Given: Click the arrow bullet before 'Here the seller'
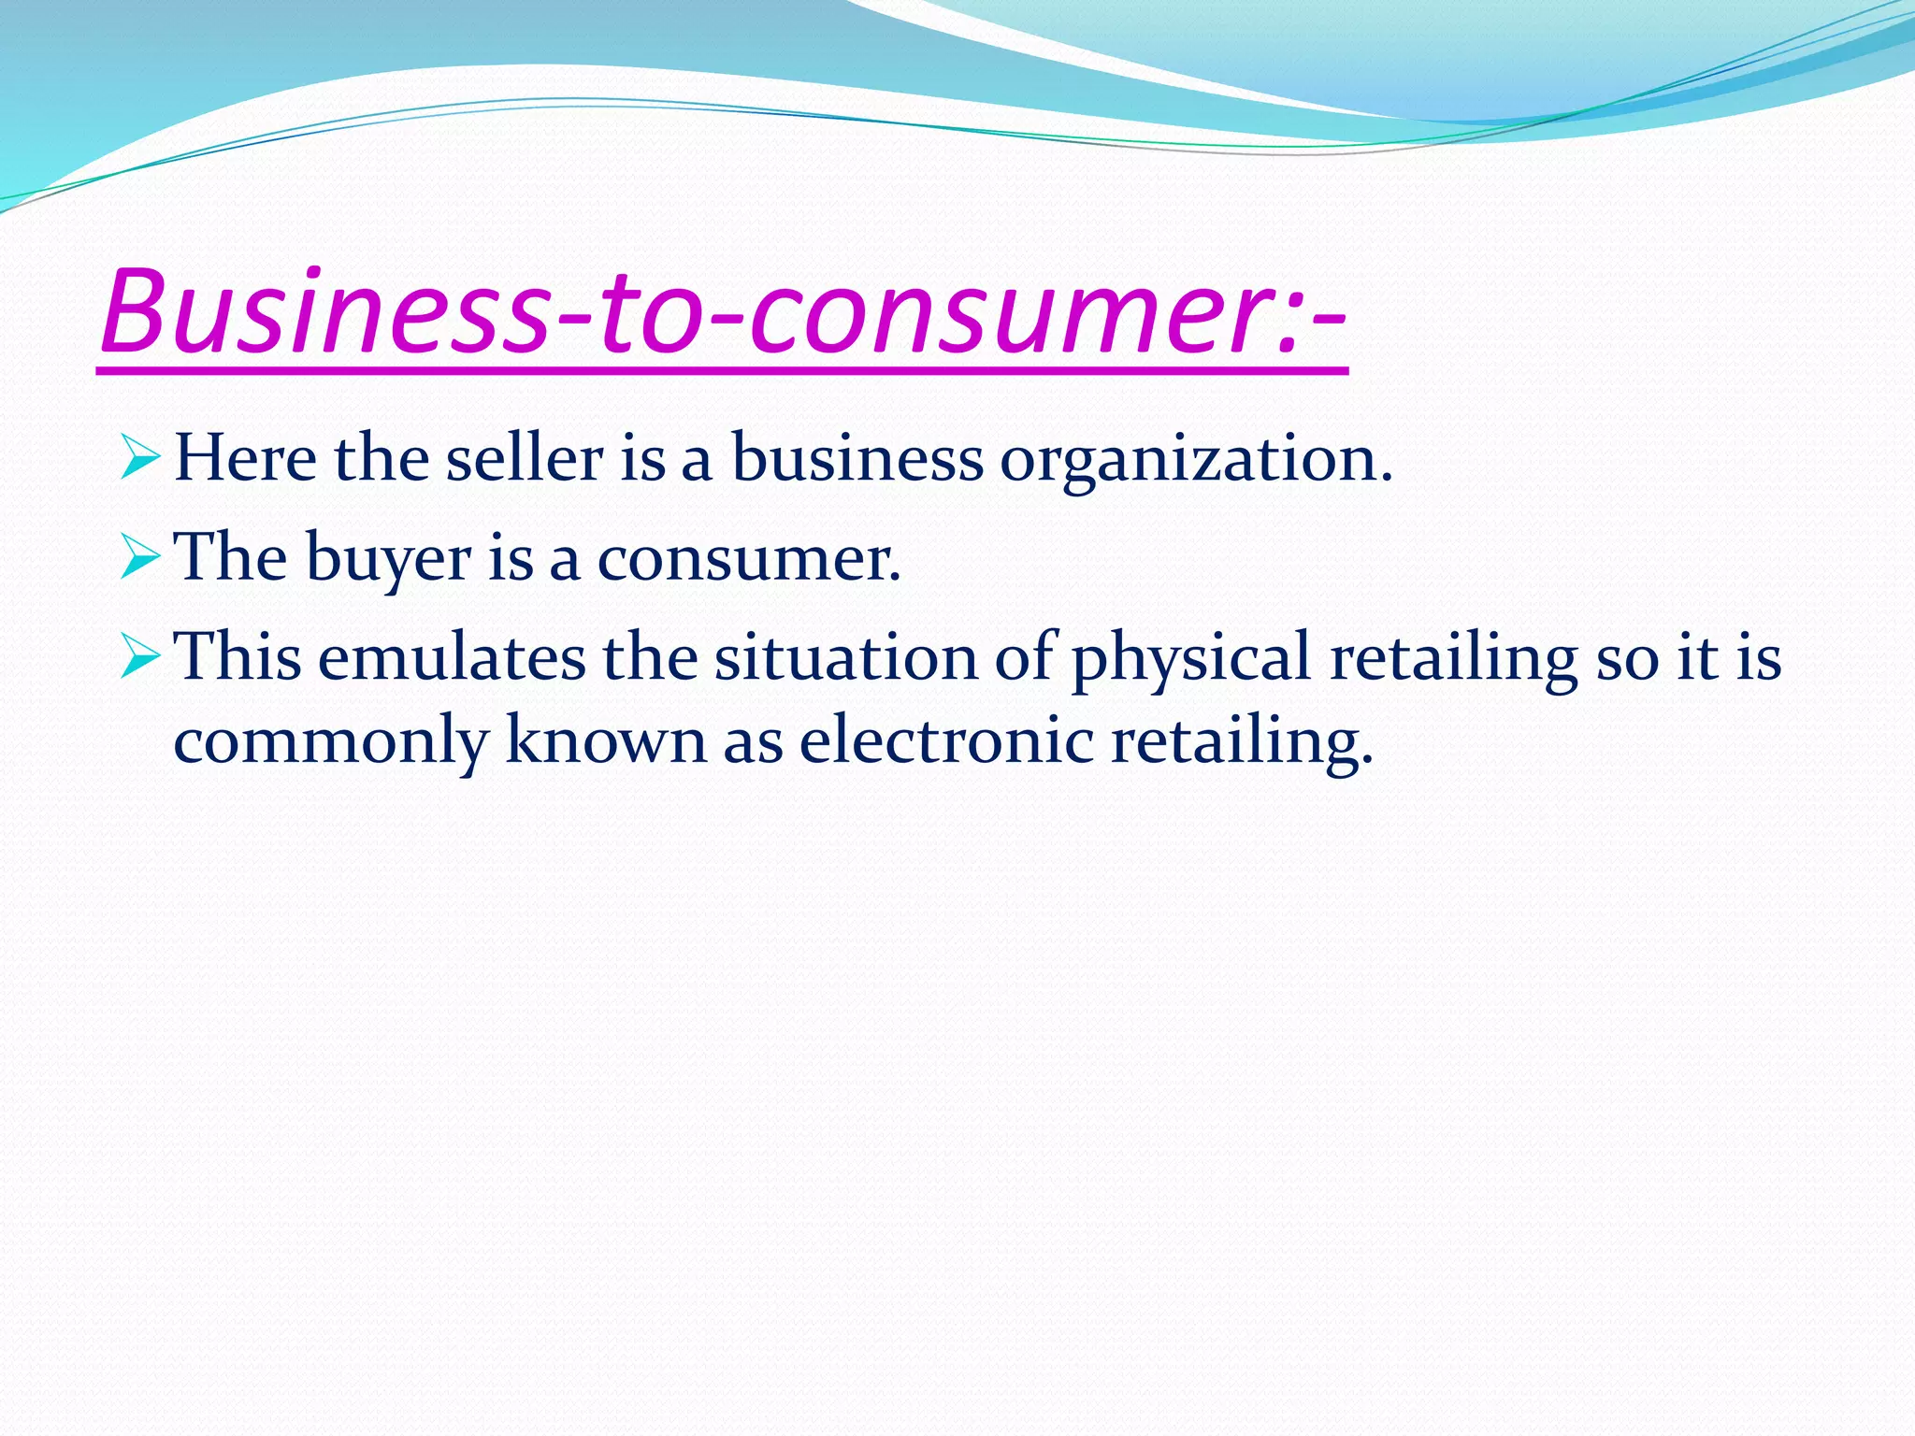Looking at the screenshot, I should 140,459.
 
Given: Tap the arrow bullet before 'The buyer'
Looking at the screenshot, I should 140,558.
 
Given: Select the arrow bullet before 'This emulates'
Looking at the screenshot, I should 140,658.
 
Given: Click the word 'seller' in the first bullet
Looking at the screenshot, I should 524,459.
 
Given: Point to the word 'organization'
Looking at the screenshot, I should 1195,461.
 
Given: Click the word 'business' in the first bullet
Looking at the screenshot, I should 857,459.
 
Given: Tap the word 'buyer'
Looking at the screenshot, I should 388,560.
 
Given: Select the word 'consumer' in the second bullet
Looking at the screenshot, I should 747,560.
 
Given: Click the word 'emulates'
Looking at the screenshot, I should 451,657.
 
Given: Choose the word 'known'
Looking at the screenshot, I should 606,740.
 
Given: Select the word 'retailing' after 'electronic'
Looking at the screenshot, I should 1242,741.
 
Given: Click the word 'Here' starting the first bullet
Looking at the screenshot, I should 246,459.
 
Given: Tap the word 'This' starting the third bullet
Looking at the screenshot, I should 238,657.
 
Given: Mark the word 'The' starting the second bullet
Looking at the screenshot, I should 231,558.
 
